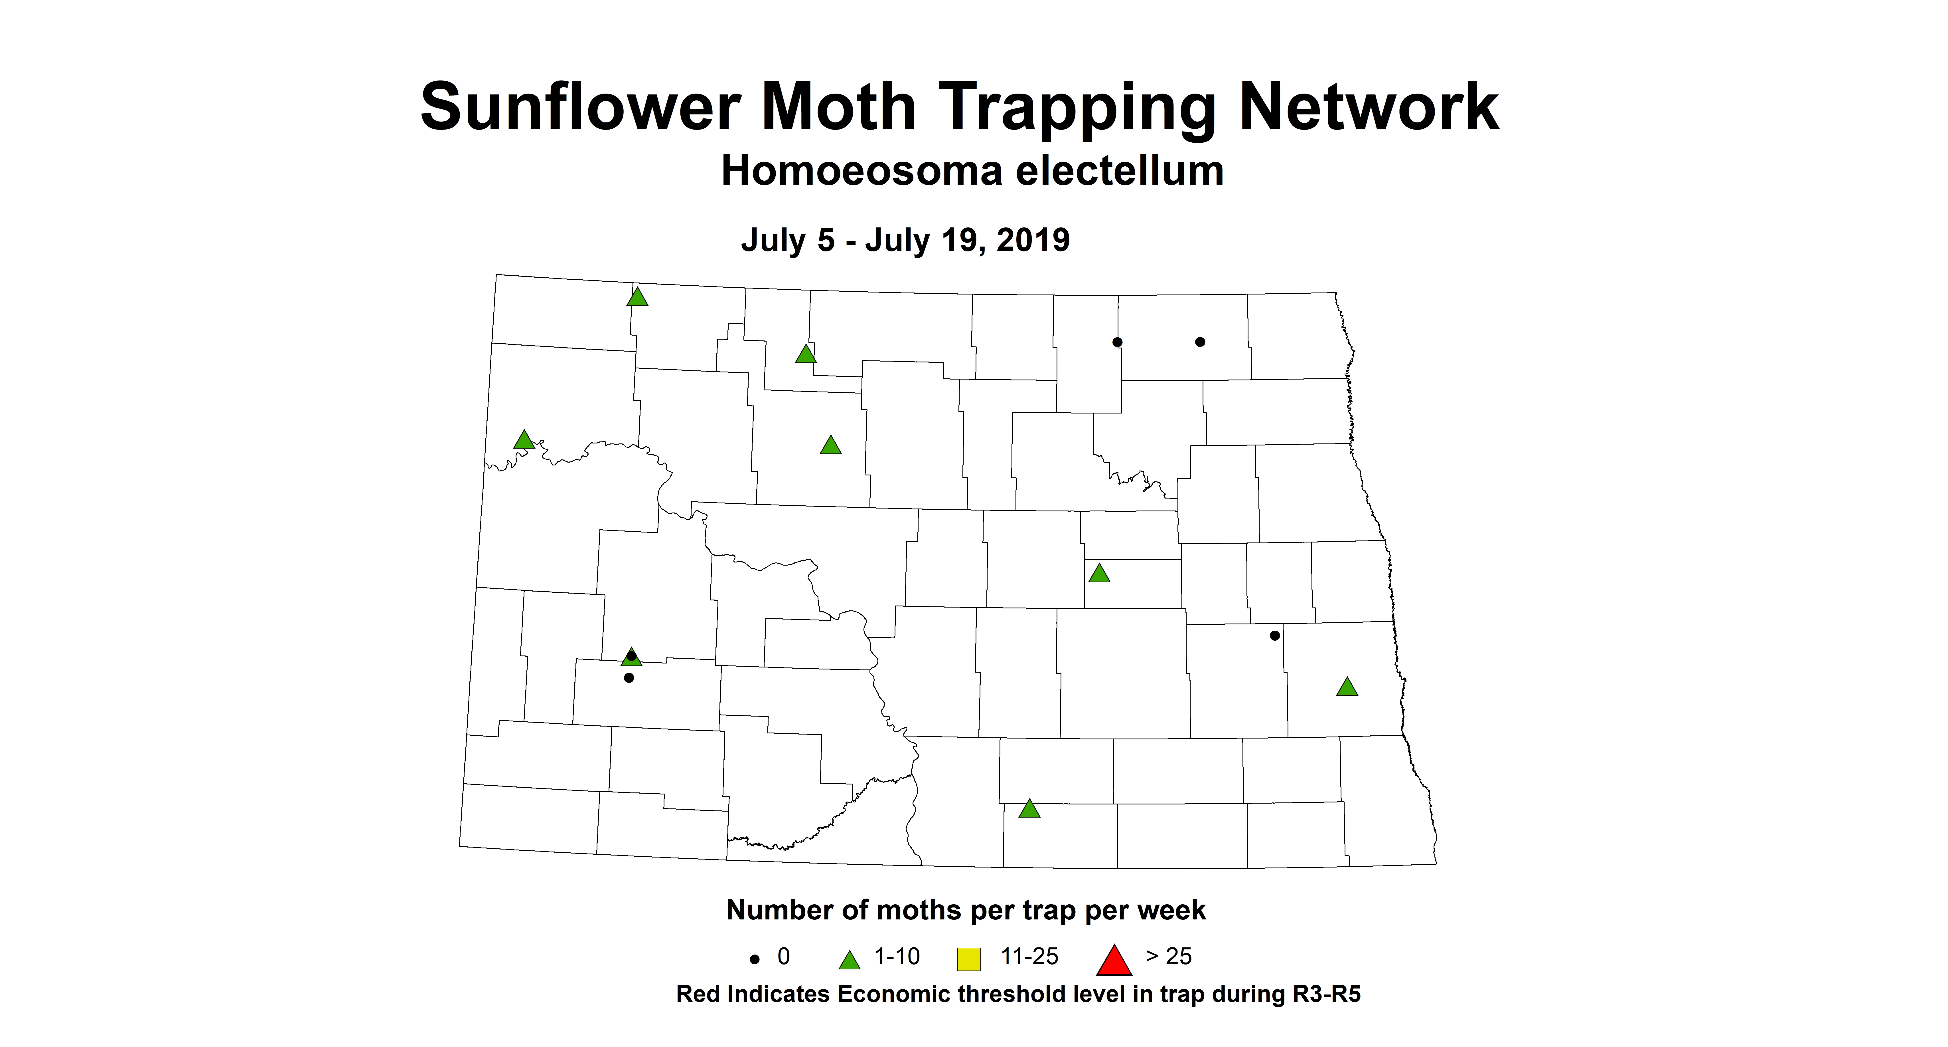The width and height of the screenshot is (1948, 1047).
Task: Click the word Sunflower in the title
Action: [579, 107]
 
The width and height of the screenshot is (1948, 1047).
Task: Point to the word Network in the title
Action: [1369, 107]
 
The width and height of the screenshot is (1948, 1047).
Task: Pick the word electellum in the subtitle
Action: [1119, 171]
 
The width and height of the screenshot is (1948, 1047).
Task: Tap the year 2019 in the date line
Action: [1033, 241]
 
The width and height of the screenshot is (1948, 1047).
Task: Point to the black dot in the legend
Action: [754, 959]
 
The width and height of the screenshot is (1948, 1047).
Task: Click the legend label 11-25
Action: [1029, 957]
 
